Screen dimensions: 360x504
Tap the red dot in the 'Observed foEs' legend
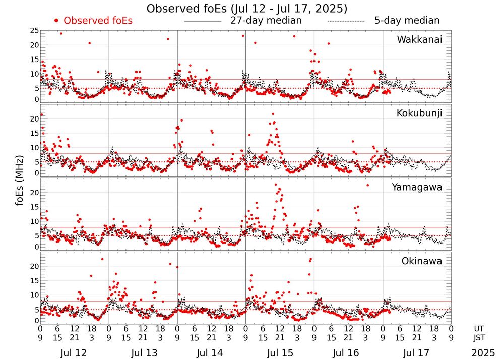pyautogui.click(x=56, y=21)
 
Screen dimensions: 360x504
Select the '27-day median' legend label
pyautogui.click(x=266, y=21)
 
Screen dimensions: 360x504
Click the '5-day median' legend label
pyautogui.click(x=407, y=21)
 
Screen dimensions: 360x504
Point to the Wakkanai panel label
pyautogui.click(x=419, y=40)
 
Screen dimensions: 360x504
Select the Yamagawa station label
pyautogui.click(x=417, y=187)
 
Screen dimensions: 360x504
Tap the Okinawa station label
pyautogui.click(x=421, y=261)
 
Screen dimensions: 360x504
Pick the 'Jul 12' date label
pyautogui.click(x=74, y=353)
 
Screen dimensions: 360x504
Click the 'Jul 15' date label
pyautogui.click(x=280, y=353)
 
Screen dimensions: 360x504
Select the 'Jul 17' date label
pyautogui.click(x=417, y=353)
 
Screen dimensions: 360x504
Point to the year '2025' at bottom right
pyautogui.click(x=483, y=353)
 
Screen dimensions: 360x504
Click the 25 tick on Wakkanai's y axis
pyautogui.click(x=34, y=31)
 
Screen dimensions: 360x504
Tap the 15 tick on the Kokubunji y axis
pyautogui.click(x=34, y=133)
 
